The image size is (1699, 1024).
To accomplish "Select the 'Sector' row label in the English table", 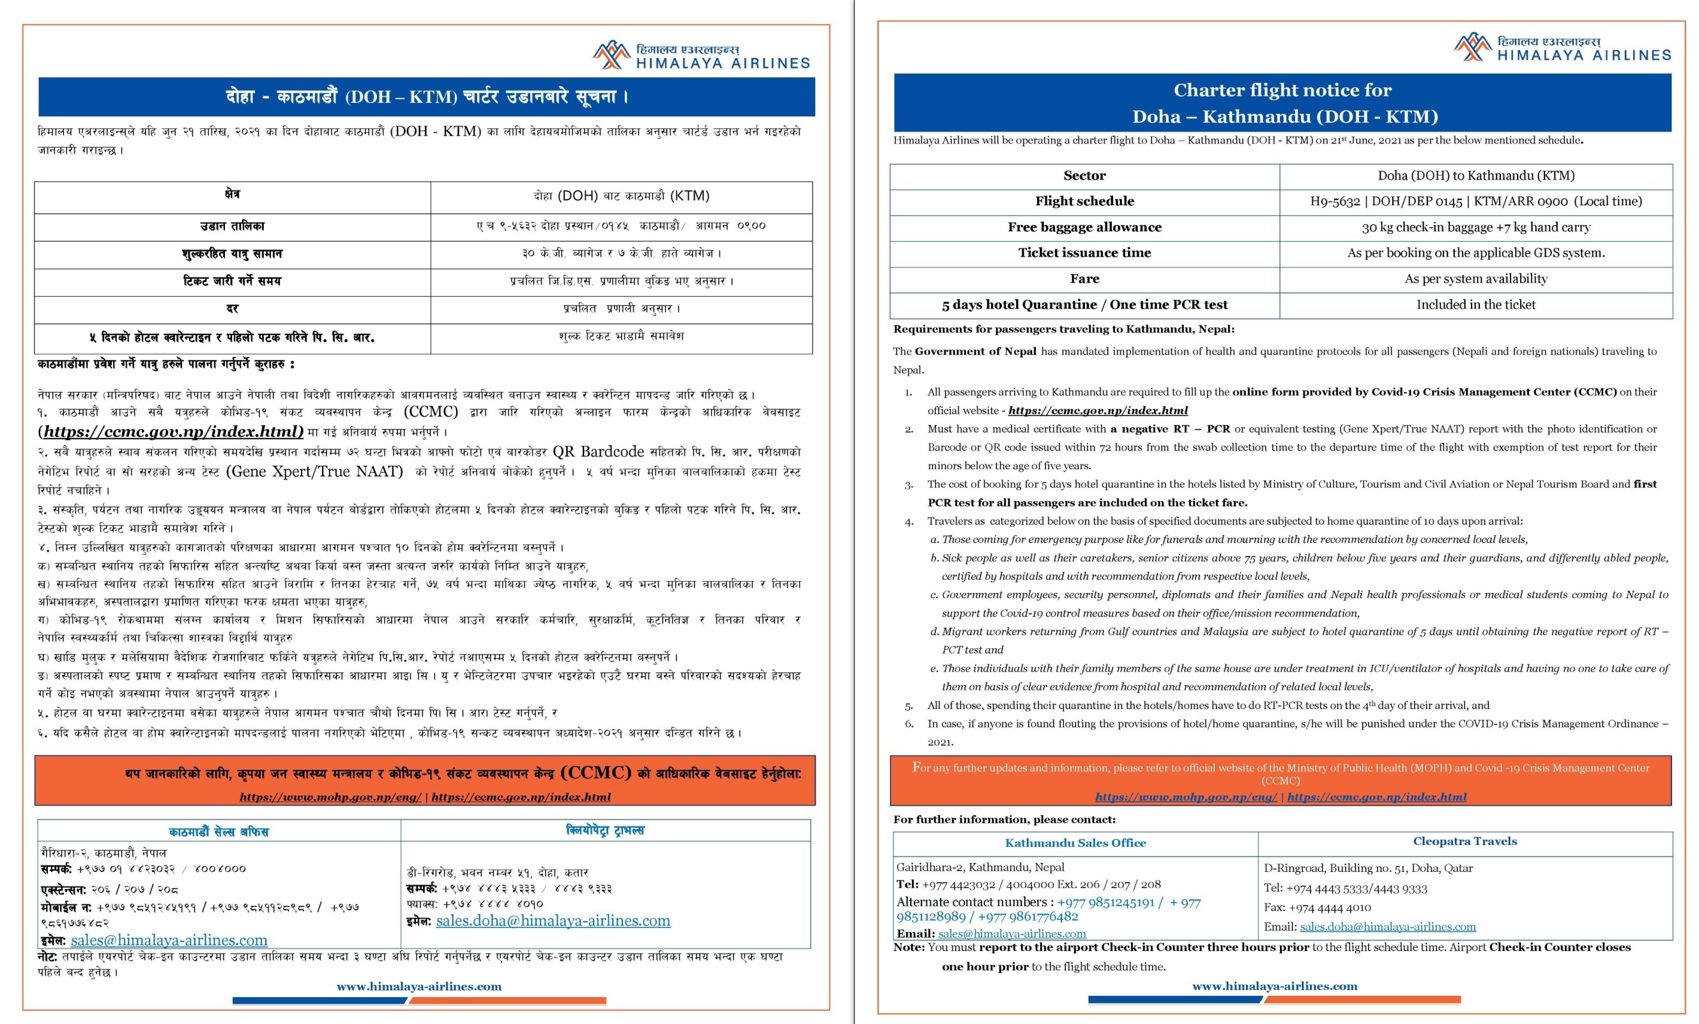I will pos(1084,176).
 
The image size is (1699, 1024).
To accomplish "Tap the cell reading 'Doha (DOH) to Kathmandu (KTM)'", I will pos(1475,176).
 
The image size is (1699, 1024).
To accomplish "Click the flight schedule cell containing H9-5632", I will pos(1475,201).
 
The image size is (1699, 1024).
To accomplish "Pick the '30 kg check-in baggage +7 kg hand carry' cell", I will pos(1475,228).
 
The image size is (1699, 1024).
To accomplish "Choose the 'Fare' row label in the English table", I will pos(1084,279).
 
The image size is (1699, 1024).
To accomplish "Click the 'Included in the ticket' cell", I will pos(1475,305).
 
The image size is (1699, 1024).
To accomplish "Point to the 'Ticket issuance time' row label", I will pos(1084,253).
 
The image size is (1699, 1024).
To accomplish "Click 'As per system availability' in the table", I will pos(1475,279).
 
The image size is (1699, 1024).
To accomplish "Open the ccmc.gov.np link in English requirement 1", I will pos(1098,411).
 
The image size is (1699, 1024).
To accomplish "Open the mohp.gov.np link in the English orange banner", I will pos(1186,797).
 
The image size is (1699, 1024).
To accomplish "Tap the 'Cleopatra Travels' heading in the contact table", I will pos(1465,841).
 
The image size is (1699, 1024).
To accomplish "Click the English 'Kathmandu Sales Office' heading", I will pos(1075,842).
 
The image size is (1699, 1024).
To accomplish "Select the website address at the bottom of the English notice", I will pos(1274,986).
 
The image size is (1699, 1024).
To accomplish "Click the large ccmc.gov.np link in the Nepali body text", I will pos(173,431).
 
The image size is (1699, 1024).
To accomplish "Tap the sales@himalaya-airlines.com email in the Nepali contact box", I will pos(169,940).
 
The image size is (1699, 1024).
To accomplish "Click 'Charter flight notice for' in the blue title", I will pos(1282,90).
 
